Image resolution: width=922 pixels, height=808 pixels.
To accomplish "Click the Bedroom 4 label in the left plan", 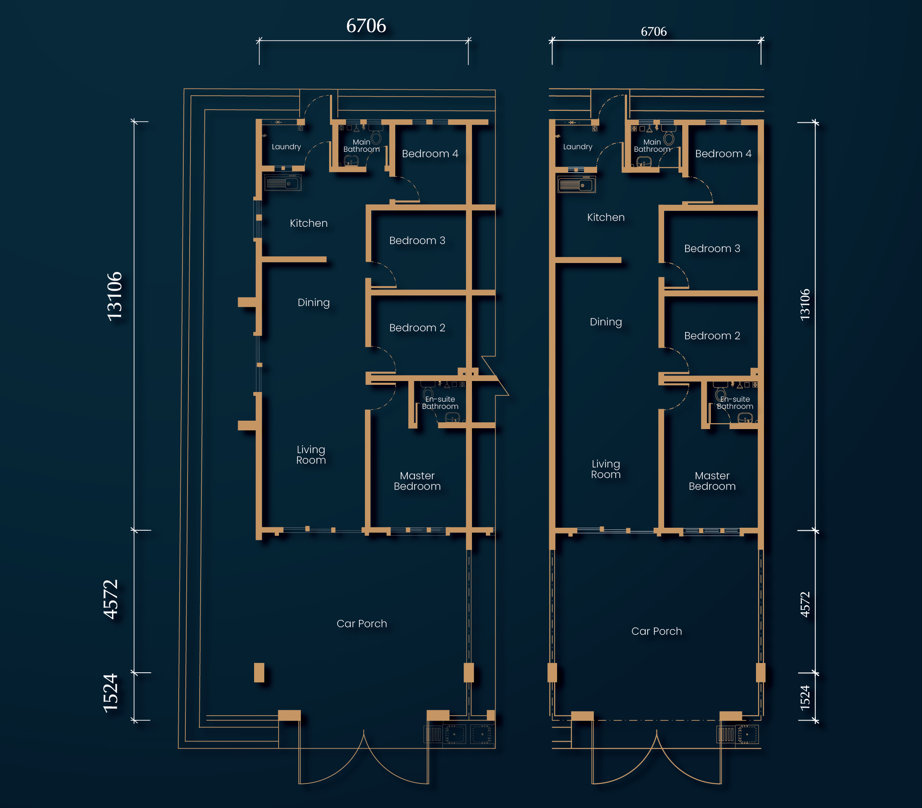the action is [430, 154].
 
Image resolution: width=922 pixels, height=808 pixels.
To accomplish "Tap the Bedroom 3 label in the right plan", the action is [712, 248].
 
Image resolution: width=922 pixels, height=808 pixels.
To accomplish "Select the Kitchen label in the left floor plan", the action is [308, 223].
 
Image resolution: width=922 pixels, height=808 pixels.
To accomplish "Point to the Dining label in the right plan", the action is [606, 322].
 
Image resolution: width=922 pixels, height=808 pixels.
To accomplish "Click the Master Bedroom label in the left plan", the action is [417, 481].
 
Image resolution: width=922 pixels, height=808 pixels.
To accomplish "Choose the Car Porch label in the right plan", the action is [657, 631].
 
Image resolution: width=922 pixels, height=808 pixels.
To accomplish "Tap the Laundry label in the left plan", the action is [286, 147].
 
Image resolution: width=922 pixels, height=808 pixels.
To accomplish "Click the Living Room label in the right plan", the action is [606, 469].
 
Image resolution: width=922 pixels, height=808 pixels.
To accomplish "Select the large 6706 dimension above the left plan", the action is [366, 26].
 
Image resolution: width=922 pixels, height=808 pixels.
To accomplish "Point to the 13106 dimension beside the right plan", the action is [805, 305].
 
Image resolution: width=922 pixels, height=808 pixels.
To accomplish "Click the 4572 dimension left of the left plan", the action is [110, 600].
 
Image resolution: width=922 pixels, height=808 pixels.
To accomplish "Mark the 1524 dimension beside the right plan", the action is [805, 698].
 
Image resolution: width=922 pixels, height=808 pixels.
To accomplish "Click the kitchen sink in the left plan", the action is [283, 183].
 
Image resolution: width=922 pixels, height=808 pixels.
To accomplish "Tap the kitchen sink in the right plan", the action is [576, 185].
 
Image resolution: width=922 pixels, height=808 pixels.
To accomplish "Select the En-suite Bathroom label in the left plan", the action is [440, 403].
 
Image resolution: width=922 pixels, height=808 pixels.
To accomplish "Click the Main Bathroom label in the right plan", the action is [652, 146].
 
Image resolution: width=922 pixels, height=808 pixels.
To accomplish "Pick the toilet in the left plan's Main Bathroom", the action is [375, 135].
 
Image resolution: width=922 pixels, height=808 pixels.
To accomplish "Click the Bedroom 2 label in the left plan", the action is [417, 328].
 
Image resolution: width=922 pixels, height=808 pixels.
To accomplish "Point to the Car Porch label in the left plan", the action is [362, 623].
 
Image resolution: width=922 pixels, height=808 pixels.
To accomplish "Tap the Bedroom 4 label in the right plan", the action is [723, 154].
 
